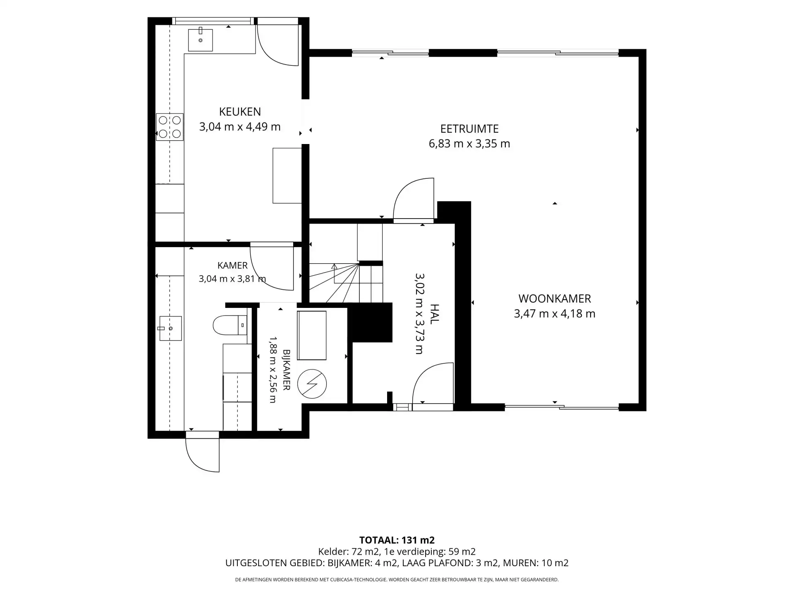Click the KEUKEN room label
coord(240,112)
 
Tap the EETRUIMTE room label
coord(469,129)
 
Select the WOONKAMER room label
coord(555,298)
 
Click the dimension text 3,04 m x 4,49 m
coord(240,127)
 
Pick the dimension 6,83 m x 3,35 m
coord(469,144)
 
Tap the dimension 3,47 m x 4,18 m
coord(555,314)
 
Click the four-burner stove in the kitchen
coord(170,127)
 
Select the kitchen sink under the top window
coord(201,40)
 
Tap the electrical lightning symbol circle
coord(312,384)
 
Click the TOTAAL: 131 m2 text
coord(397,540)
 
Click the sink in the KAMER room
coord(170,328)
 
